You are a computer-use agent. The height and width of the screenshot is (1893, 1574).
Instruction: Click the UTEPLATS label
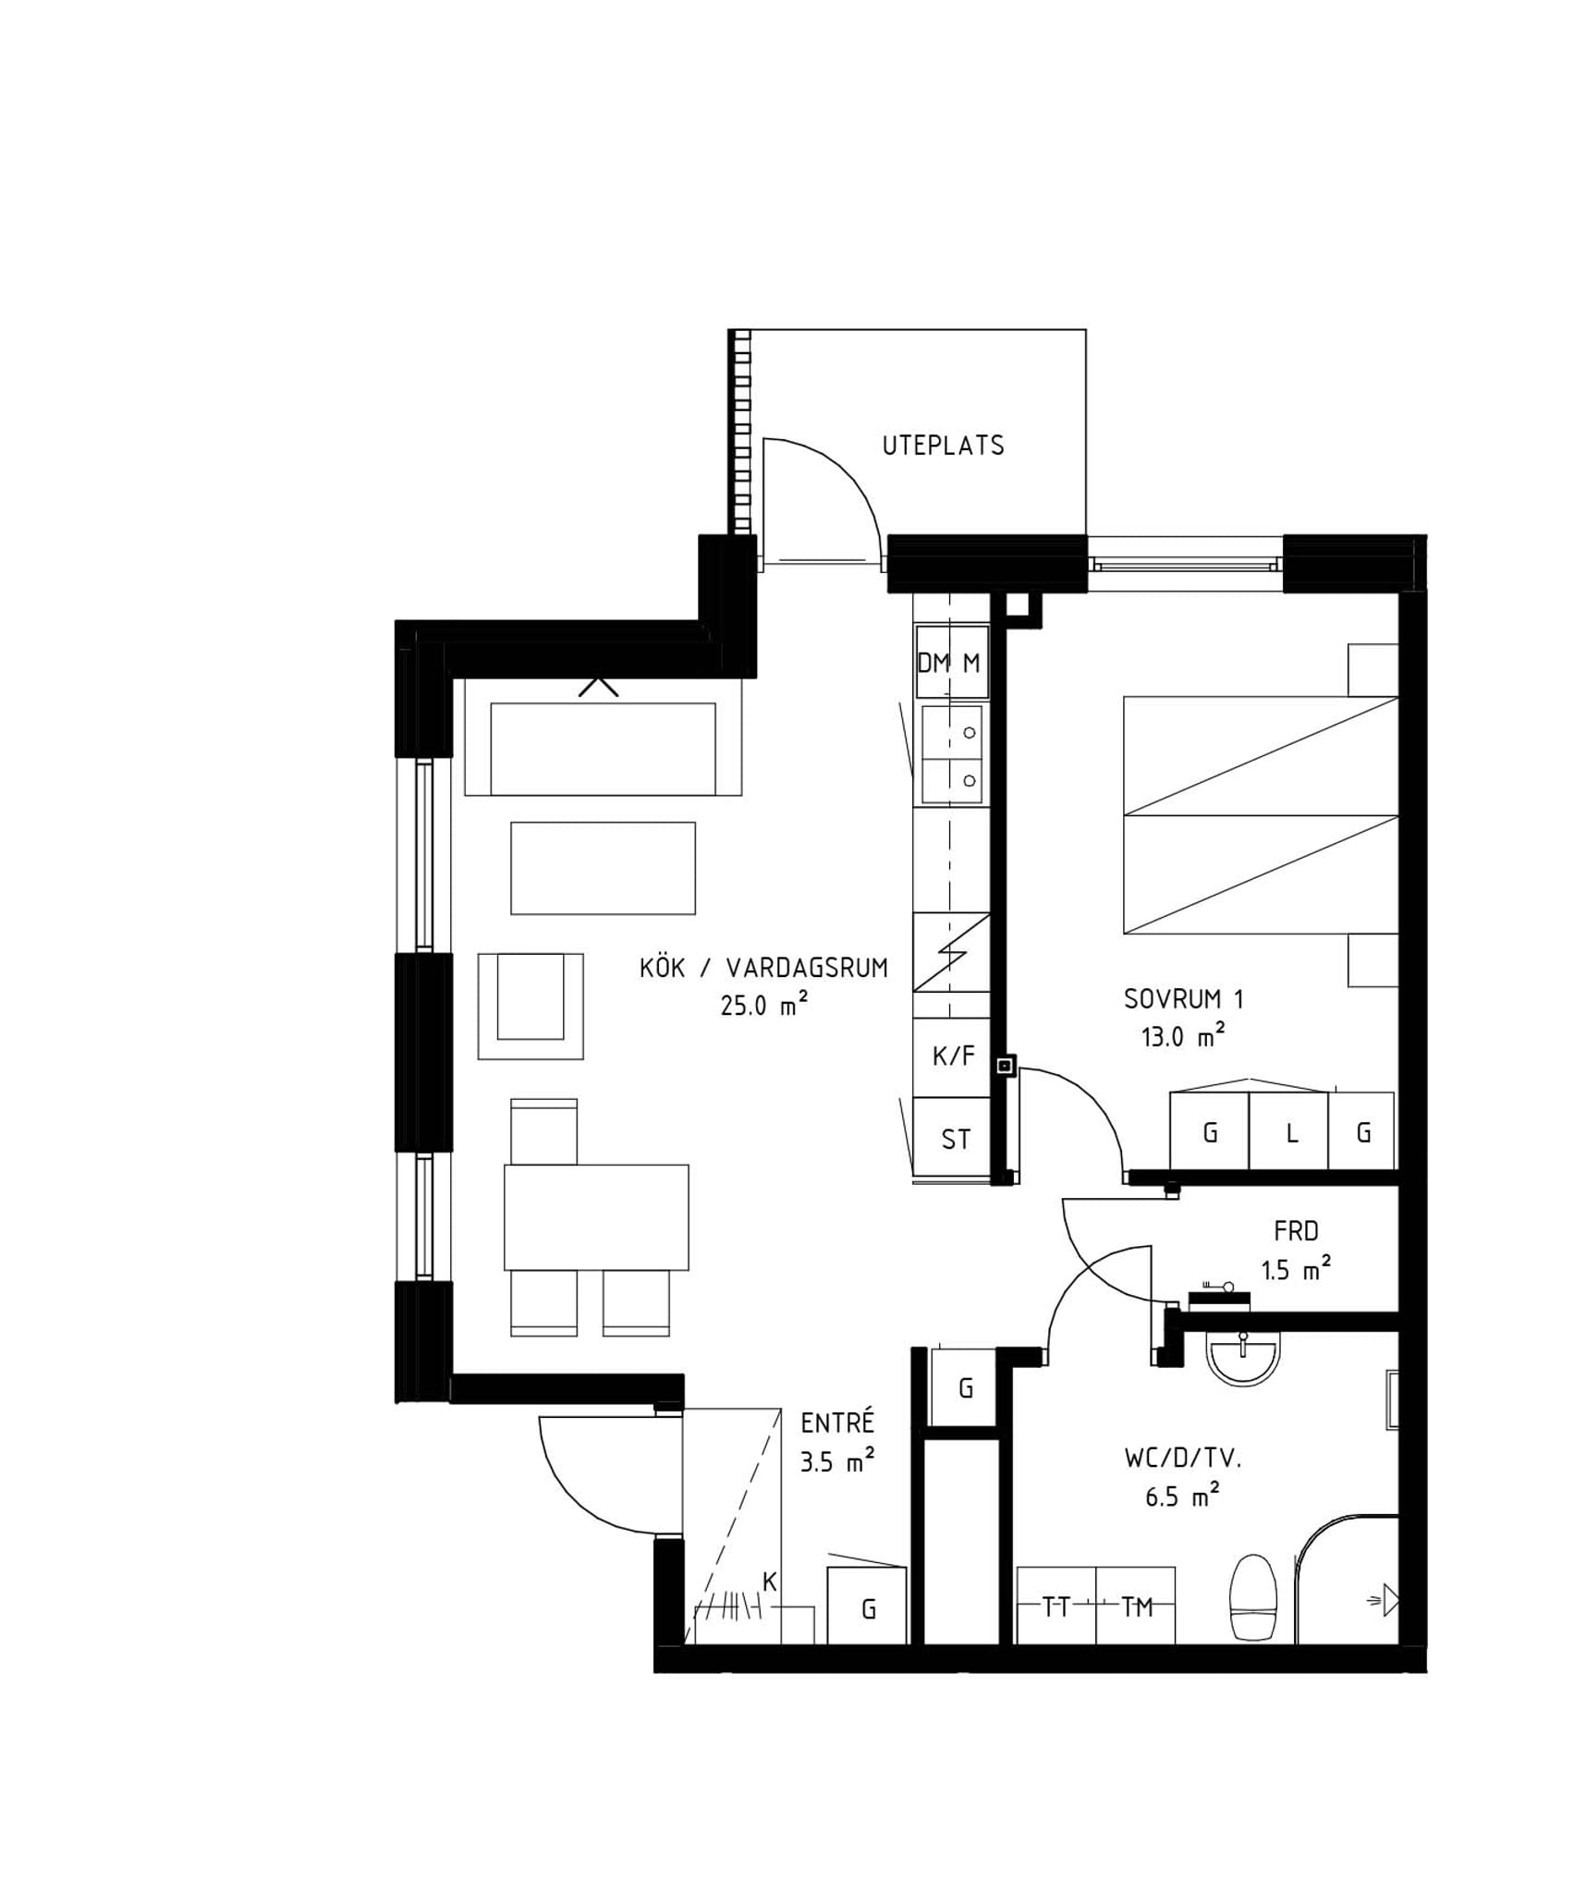[x=943, y=446]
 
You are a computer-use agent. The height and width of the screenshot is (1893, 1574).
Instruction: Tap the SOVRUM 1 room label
[x=1183, y=999]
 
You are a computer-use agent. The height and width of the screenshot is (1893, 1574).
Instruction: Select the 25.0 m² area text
[x=764, y=1004]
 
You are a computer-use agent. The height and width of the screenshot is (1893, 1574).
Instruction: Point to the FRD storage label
[x=1296, y=1232]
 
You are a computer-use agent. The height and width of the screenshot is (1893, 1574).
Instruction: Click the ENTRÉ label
[x=837, y=1423]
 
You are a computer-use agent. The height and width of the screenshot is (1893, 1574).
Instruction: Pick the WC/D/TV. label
[x=1183, y=1459]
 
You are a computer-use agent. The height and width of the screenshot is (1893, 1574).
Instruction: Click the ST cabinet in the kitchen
[x=952, y=1138]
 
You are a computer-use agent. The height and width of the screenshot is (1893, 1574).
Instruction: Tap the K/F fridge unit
[x=952, y=1056]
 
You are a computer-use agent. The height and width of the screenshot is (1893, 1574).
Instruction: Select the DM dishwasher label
[x=933, y=663]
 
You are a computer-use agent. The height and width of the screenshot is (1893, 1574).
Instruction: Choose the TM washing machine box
[x=1136, y=1606]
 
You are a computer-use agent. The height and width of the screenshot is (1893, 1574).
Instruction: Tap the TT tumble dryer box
[x=1056, y=1606]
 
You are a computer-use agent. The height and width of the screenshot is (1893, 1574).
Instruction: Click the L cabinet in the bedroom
[x=1288, y=1130]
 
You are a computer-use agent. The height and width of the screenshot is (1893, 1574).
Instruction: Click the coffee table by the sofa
[x=603, y=868]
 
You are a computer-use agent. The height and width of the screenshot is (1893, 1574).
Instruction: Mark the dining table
[x=596, y=1217]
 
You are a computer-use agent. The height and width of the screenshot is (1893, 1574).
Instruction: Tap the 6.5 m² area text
[x=1183, y=1496]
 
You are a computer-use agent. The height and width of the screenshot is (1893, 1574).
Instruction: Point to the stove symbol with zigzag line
[x=952, y=952]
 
